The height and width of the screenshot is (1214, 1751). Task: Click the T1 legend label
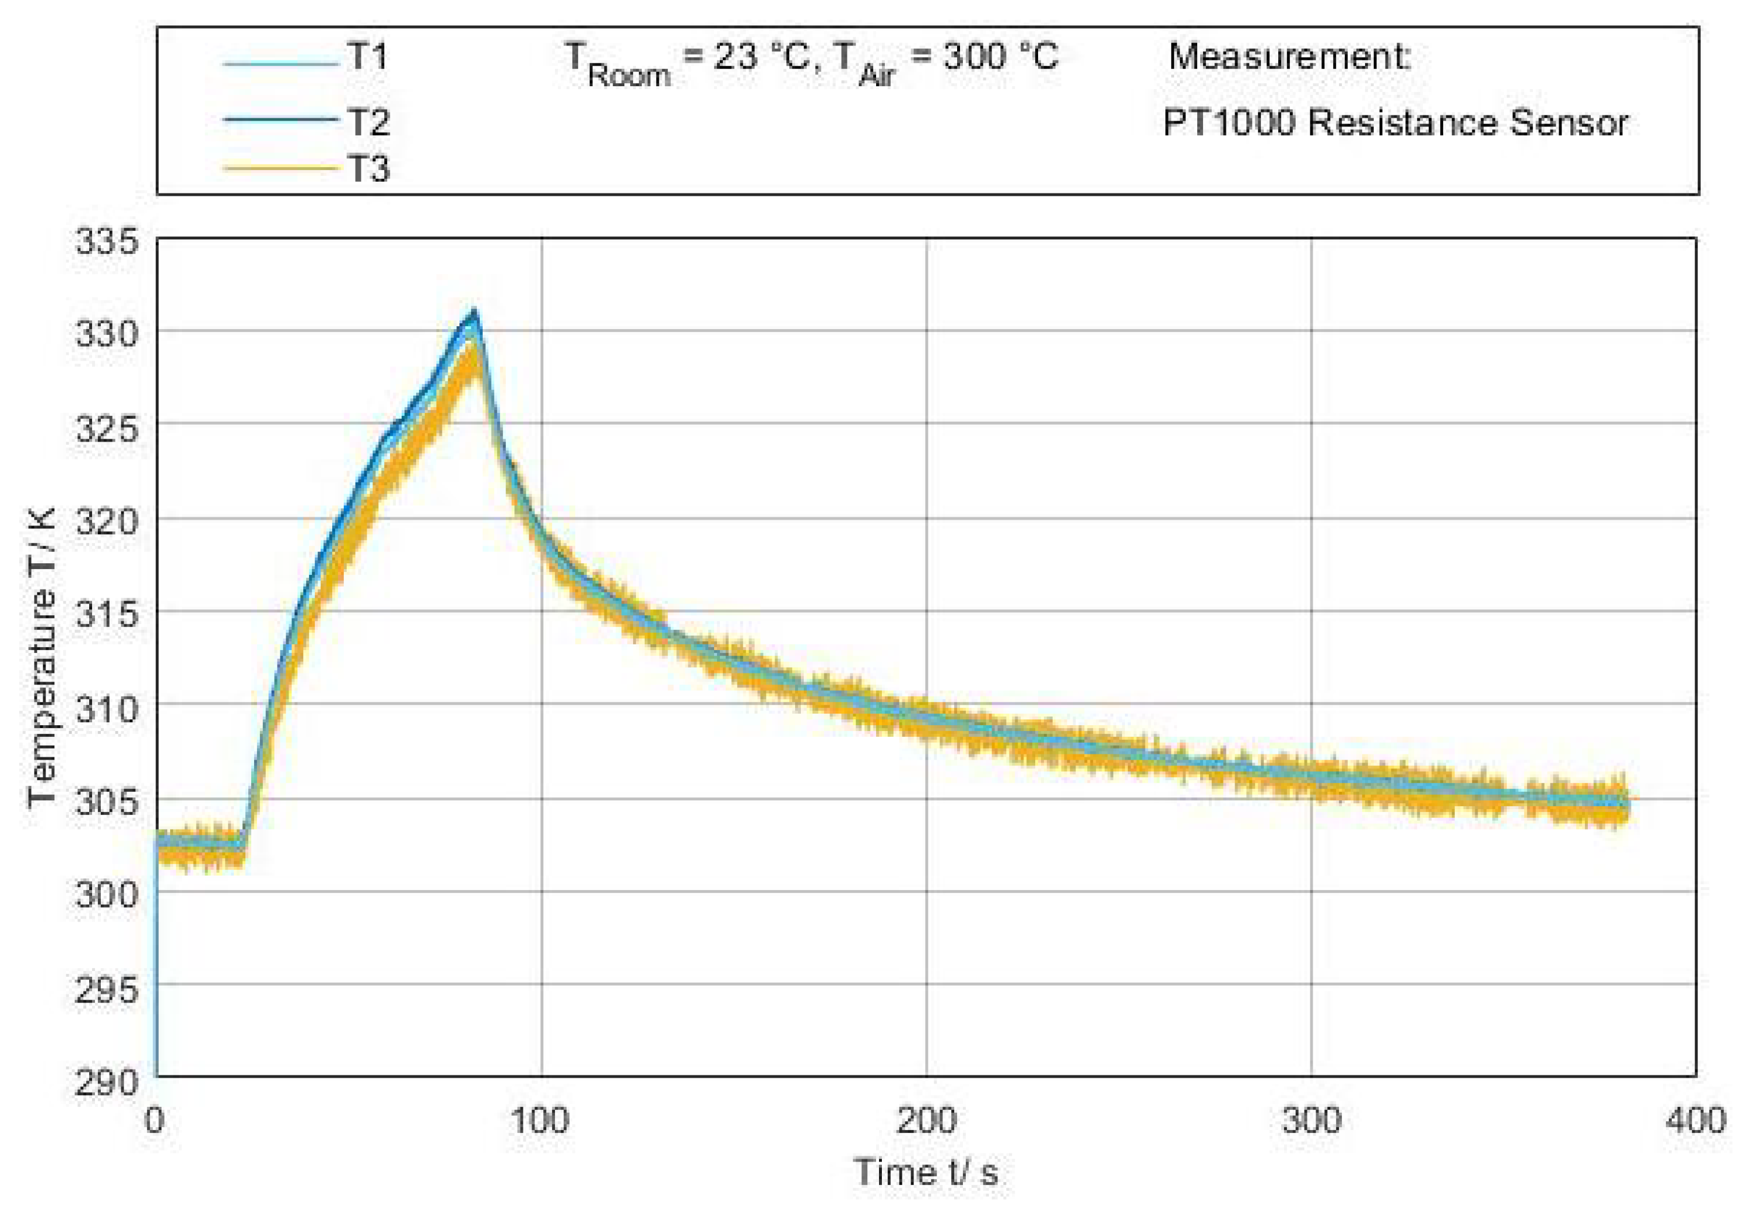pos(368,57)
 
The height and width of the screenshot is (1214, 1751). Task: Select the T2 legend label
pos(368,122)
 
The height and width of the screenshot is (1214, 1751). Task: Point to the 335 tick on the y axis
pos(107,242)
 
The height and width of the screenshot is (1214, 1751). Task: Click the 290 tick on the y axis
pos(107,1081)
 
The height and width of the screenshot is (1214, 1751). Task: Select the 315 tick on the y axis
pos(107,614)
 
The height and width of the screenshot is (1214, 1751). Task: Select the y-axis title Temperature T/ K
pos(42,657)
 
